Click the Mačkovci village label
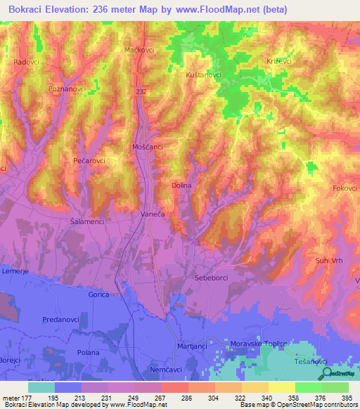(139, 51)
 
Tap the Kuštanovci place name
(204, 74)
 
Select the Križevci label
(279, 62)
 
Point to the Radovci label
(26, 62)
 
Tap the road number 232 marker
(142, 91)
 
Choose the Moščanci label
(148, 147)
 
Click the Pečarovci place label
(89, 161)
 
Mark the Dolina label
(181, 186)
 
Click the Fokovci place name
(345, 188)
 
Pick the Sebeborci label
(211, 279)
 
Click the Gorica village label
(98, 295)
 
